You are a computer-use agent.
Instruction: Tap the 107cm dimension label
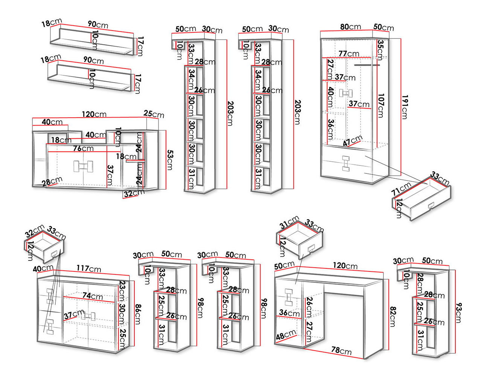(x=380, y=106)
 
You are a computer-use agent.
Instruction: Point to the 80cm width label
(x=350, y=27)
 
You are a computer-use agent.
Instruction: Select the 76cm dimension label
(x=83, y=148)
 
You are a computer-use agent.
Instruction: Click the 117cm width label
(x=89, y=268)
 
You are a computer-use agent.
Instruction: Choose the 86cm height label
(x=138, y=314)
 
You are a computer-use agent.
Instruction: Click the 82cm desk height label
(x=393, y=317)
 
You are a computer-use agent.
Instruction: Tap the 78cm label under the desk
(x=341, y=350)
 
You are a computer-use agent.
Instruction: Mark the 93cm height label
(x=458, y=313)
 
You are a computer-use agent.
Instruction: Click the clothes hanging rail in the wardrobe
(x=367, y=65)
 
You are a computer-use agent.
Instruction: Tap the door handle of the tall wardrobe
(x=347, y=93)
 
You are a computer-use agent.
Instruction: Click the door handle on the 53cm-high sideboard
(x=83, y=166)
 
